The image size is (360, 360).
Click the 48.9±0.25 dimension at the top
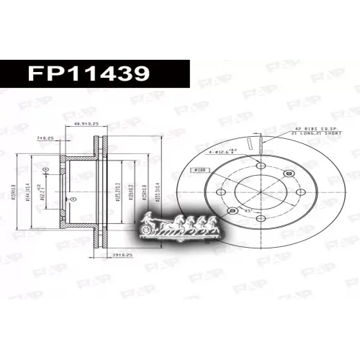[x=86, y=124]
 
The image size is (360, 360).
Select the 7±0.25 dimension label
[x=45, y=138]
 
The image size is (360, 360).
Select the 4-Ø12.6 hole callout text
[x=217, y=150]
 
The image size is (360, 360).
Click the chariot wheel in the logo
[x=148, y=228]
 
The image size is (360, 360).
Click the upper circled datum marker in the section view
[x=46, y=170]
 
